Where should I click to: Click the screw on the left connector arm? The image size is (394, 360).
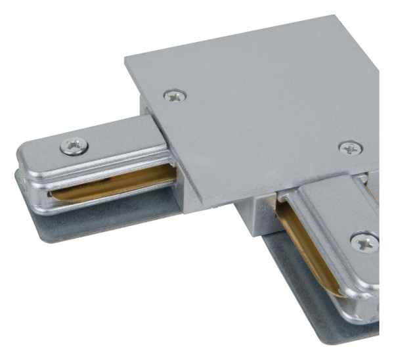(74, 146)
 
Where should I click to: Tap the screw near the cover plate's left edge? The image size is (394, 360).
(175, 96)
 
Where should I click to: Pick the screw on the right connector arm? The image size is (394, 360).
(364, 242)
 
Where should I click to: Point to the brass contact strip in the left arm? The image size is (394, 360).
(112, 187)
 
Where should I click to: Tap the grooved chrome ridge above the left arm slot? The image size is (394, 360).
(98, 168)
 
